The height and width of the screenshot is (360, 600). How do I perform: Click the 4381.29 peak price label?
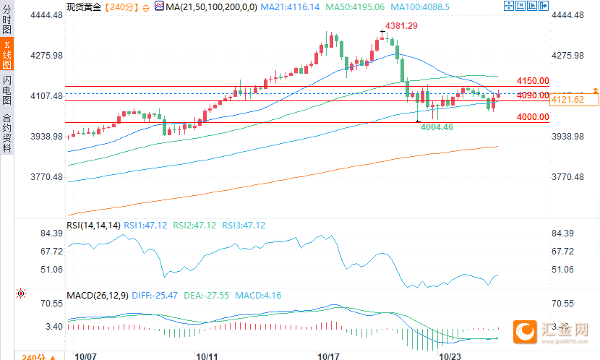coord(402,26)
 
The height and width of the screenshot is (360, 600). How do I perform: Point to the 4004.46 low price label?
coord(437,127)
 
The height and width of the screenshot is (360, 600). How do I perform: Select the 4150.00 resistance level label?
coord(533,81)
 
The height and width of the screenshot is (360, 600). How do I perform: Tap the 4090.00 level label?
coord(533,95)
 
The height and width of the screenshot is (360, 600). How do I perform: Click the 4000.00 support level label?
coord(533,116)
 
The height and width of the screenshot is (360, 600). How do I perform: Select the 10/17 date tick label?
coord(328,356)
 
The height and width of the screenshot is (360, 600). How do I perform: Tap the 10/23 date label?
coord(450,356)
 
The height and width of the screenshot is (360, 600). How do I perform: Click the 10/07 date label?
coord(85,356)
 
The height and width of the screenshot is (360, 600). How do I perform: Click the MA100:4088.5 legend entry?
coord(419,7)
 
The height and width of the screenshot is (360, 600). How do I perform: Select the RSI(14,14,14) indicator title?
coord(93,226)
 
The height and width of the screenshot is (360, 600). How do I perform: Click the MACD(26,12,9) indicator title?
coord(98,296)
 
